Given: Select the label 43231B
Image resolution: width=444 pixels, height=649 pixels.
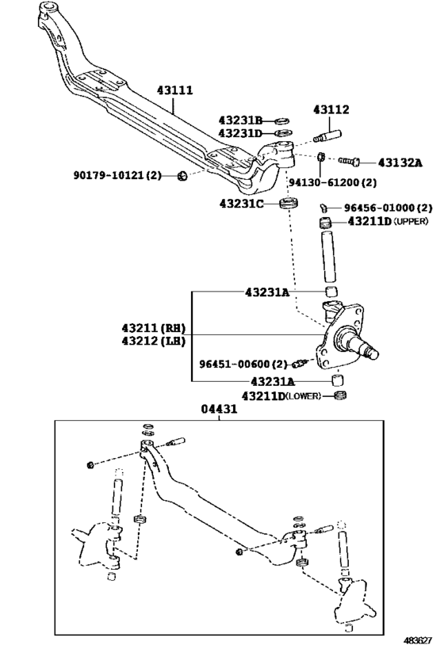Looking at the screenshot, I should click(241, 120).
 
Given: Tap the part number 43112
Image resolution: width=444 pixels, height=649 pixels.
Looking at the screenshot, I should click(330, 109).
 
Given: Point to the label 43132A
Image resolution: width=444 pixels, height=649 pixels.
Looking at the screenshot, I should click(400, 162).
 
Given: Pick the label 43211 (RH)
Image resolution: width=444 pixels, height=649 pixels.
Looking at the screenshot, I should click(152, 327).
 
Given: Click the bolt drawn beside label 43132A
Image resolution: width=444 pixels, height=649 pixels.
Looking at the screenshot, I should click(349, 162).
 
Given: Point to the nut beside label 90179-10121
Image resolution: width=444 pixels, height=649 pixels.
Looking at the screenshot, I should click(182, 175).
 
